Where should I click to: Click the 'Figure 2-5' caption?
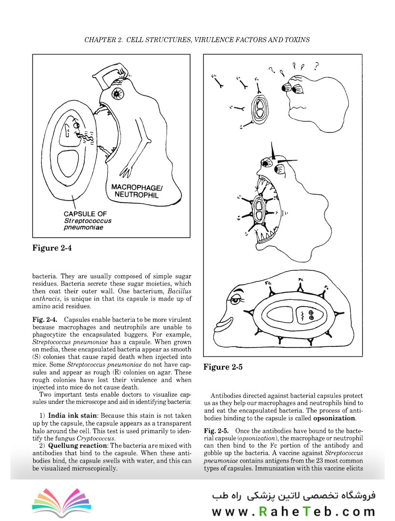click(x=223, y=367)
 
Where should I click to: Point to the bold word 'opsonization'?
click(x=334, y=418)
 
